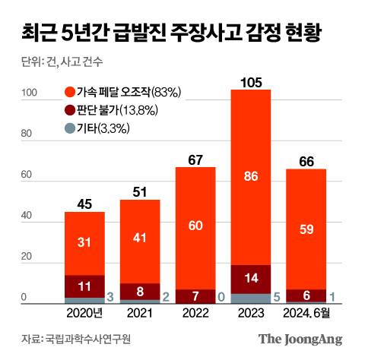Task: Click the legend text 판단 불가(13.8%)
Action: pyautogui.click(x=116, y=111)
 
